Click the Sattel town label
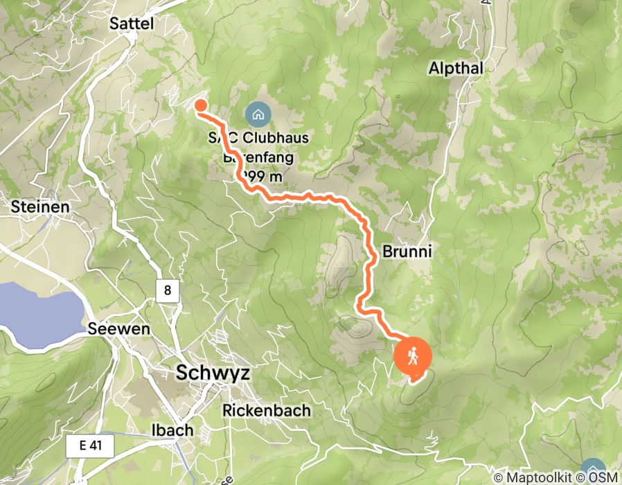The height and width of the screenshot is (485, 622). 131,24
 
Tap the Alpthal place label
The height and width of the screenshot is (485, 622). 455,68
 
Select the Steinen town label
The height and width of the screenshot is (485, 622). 40,206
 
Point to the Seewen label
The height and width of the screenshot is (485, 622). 118,329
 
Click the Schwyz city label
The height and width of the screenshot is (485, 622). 212,373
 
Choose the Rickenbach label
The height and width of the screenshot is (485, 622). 266,410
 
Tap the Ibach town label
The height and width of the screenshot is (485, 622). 172,430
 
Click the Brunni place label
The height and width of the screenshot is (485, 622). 407,252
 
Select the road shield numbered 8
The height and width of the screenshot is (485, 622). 168,290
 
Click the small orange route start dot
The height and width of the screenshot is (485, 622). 200,105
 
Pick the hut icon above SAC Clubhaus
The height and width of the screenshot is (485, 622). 258,114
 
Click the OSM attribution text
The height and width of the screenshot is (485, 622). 605,477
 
